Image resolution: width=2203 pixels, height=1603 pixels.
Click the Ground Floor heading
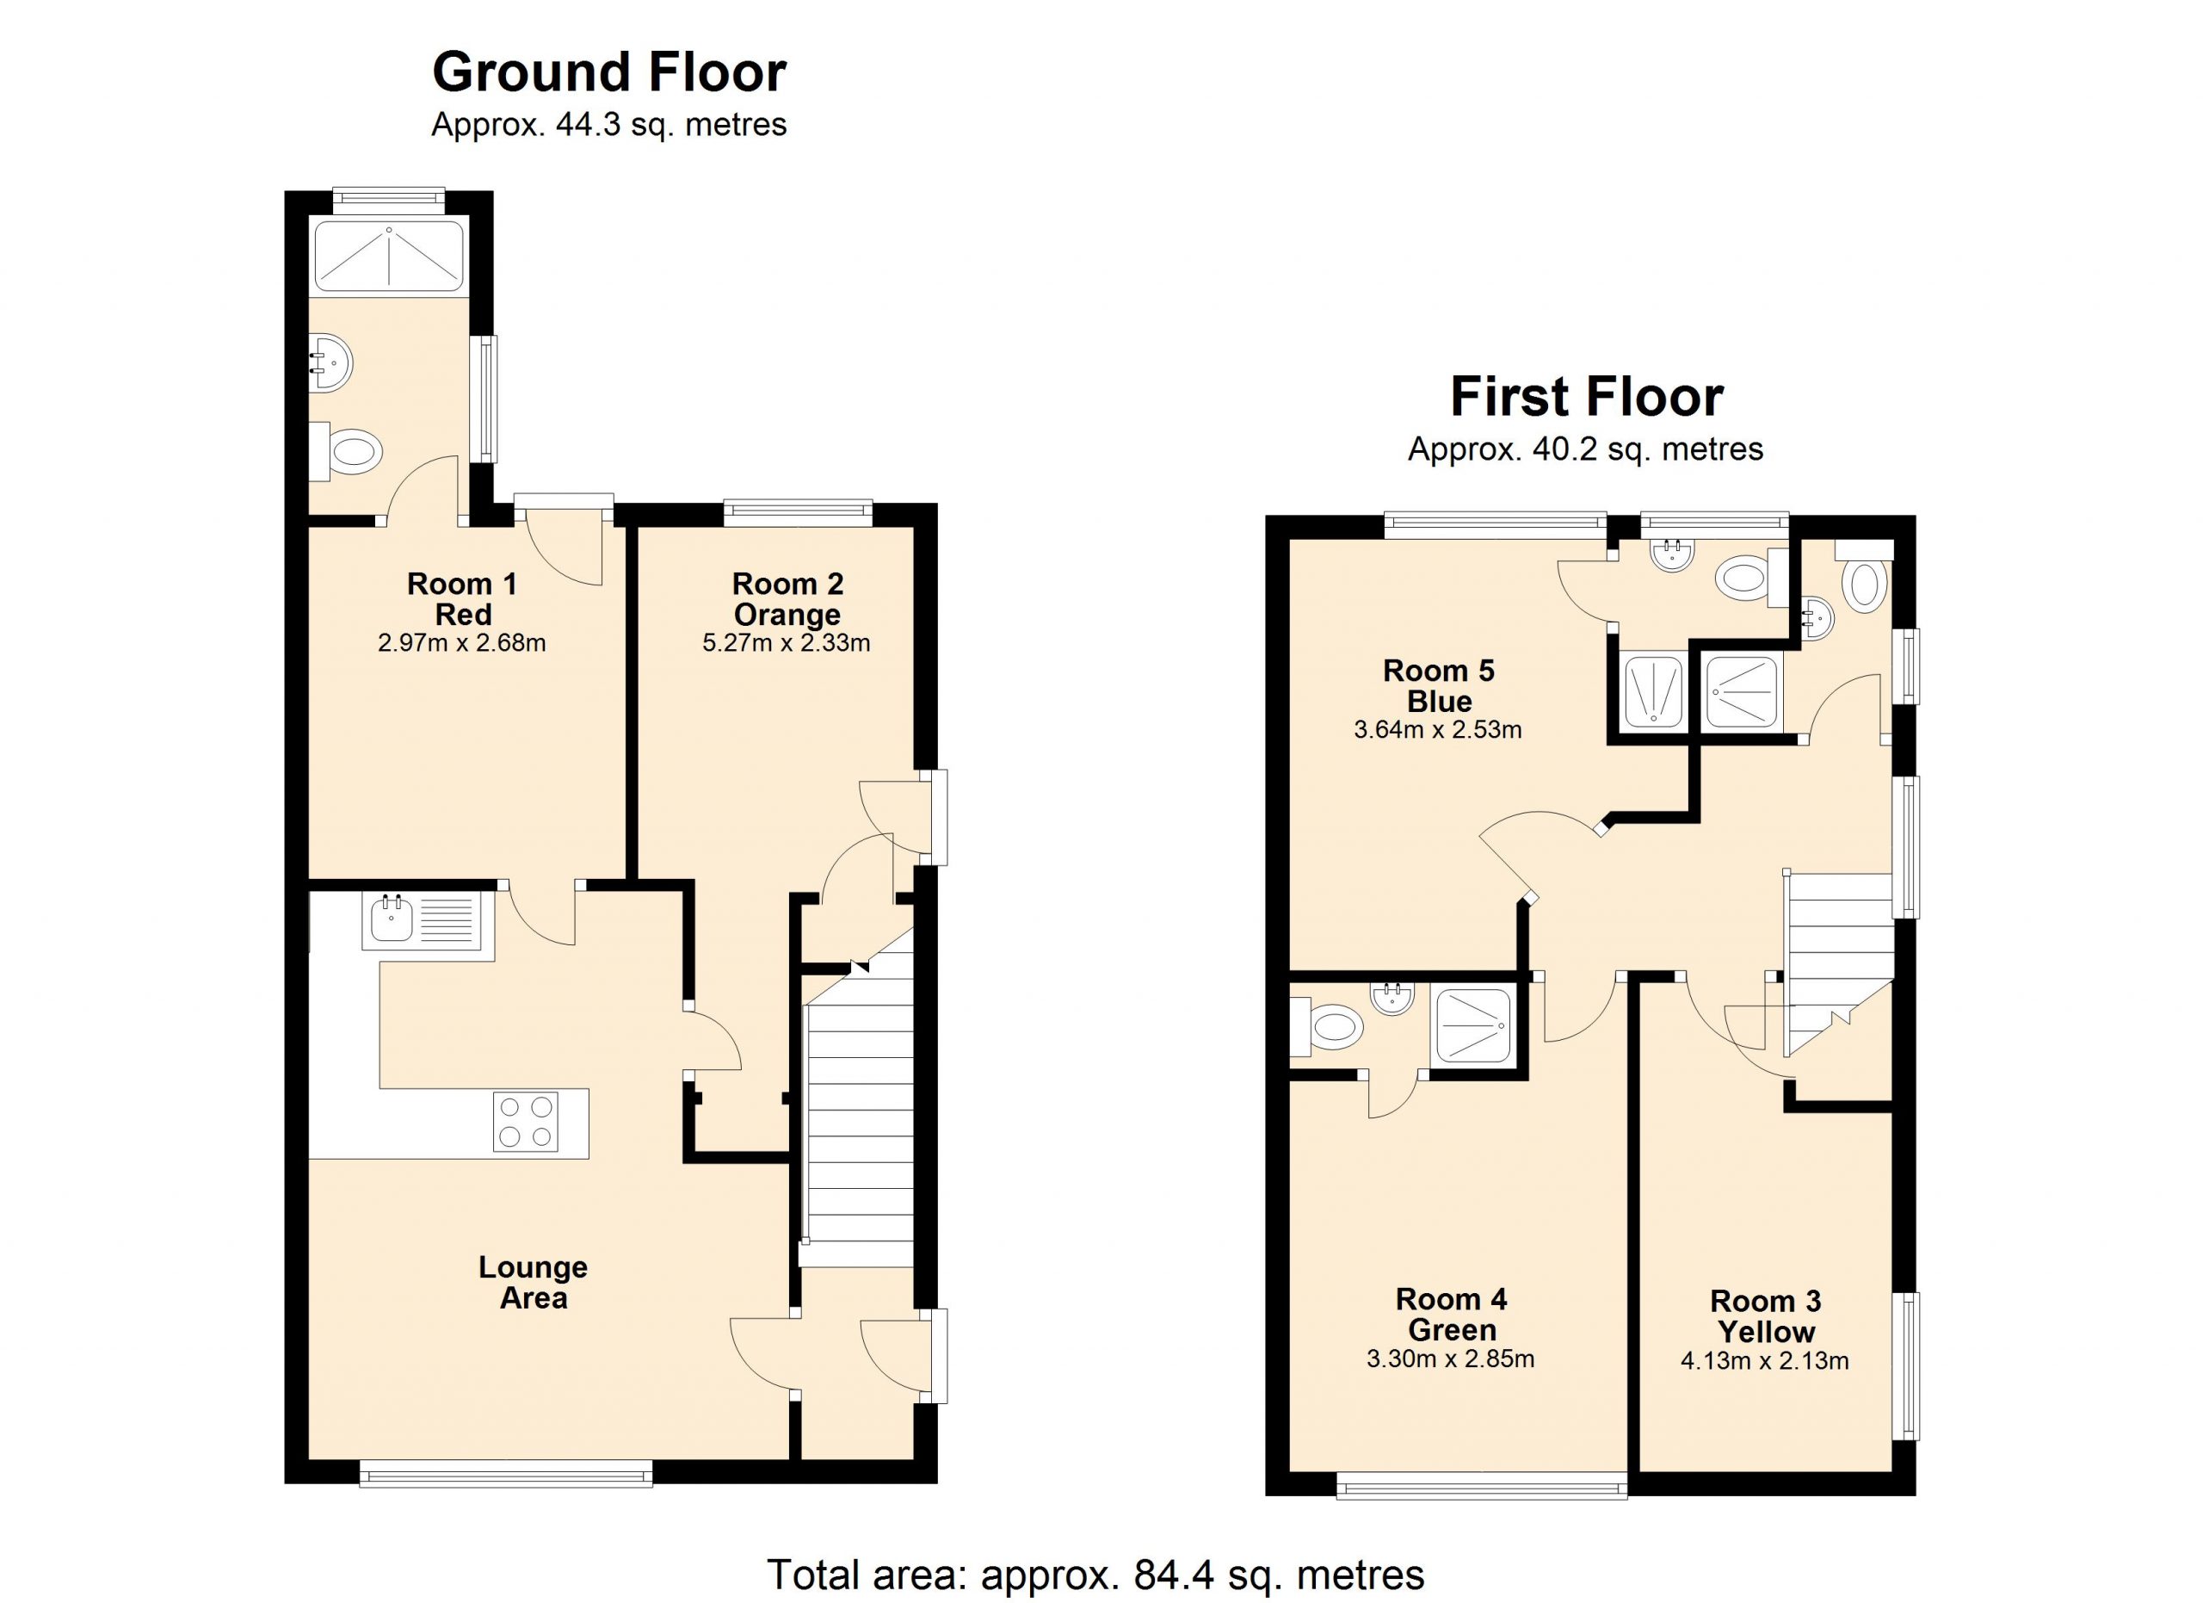[609, 73]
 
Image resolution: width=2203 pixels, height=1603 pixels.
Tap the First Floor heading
[1586, 398]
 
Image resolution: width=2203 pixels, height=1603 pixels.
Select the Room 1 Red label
[462, 598]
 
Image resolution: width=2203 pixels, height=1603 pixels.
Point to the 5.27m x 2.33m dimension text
[786, 643]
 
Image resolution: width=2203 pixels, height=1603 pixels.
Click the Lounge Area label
[534, 1283]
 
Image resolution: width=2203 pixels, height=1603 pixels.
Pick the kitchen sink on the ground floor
[423, 920]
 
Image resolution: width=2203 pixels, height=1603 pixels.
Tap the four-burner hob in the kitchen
[526, 1122]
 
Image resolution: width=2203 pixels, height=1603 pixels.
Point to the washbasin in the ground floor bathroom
[330, 363]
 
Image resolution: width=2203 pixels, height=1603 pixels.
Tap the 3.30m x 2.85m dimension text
[1450, 1359]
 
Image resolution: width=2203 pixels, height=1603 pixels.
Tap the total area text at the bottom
[1095, 1574]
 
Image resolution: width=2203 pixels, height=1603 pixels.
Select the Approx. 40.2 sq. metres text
[1585, 449]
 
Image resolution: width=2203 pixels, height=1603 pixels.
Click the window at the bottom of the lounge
[506, 1475]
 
